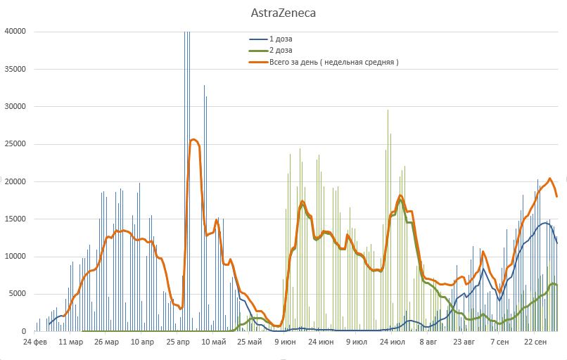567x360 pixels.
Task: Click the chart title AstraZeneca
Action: pos(283,13)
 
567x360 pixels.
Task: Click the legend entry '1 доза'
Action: pos(281,39)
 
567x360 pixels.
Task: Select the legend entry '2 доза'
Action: pos(281,51)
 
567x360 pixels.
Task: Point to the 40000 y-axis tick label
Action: pos(15,32)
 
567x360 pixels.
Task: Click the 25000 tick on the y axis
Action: pos(15,144)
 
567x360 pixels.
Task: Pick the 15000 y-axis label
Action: pos(15,219)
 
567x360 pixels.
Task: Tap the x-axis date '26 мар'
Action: pos(106,342)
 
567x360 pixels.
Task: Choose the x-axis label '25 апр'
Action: pos(178,342)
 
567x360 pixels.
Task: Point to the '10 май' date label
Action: pos(214,342)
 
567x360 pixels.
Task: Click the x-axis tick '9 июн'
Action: pos(285,342)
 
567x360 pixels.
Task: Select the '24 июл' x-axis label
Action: pos(393,342)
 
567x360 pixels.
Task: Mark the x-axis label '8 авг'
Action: pos(428,342)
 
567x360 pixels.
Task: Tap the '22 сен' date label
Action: pos(536,342)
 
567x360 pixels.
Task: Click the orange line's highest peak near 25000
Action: pos(193,140)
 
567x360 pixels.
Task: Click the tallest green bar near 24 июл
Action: pos(388,110)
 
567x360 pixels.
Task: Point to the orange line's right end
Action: pos(557,196)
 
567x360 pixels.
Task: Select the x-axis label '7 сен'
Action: pos(500,342)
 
